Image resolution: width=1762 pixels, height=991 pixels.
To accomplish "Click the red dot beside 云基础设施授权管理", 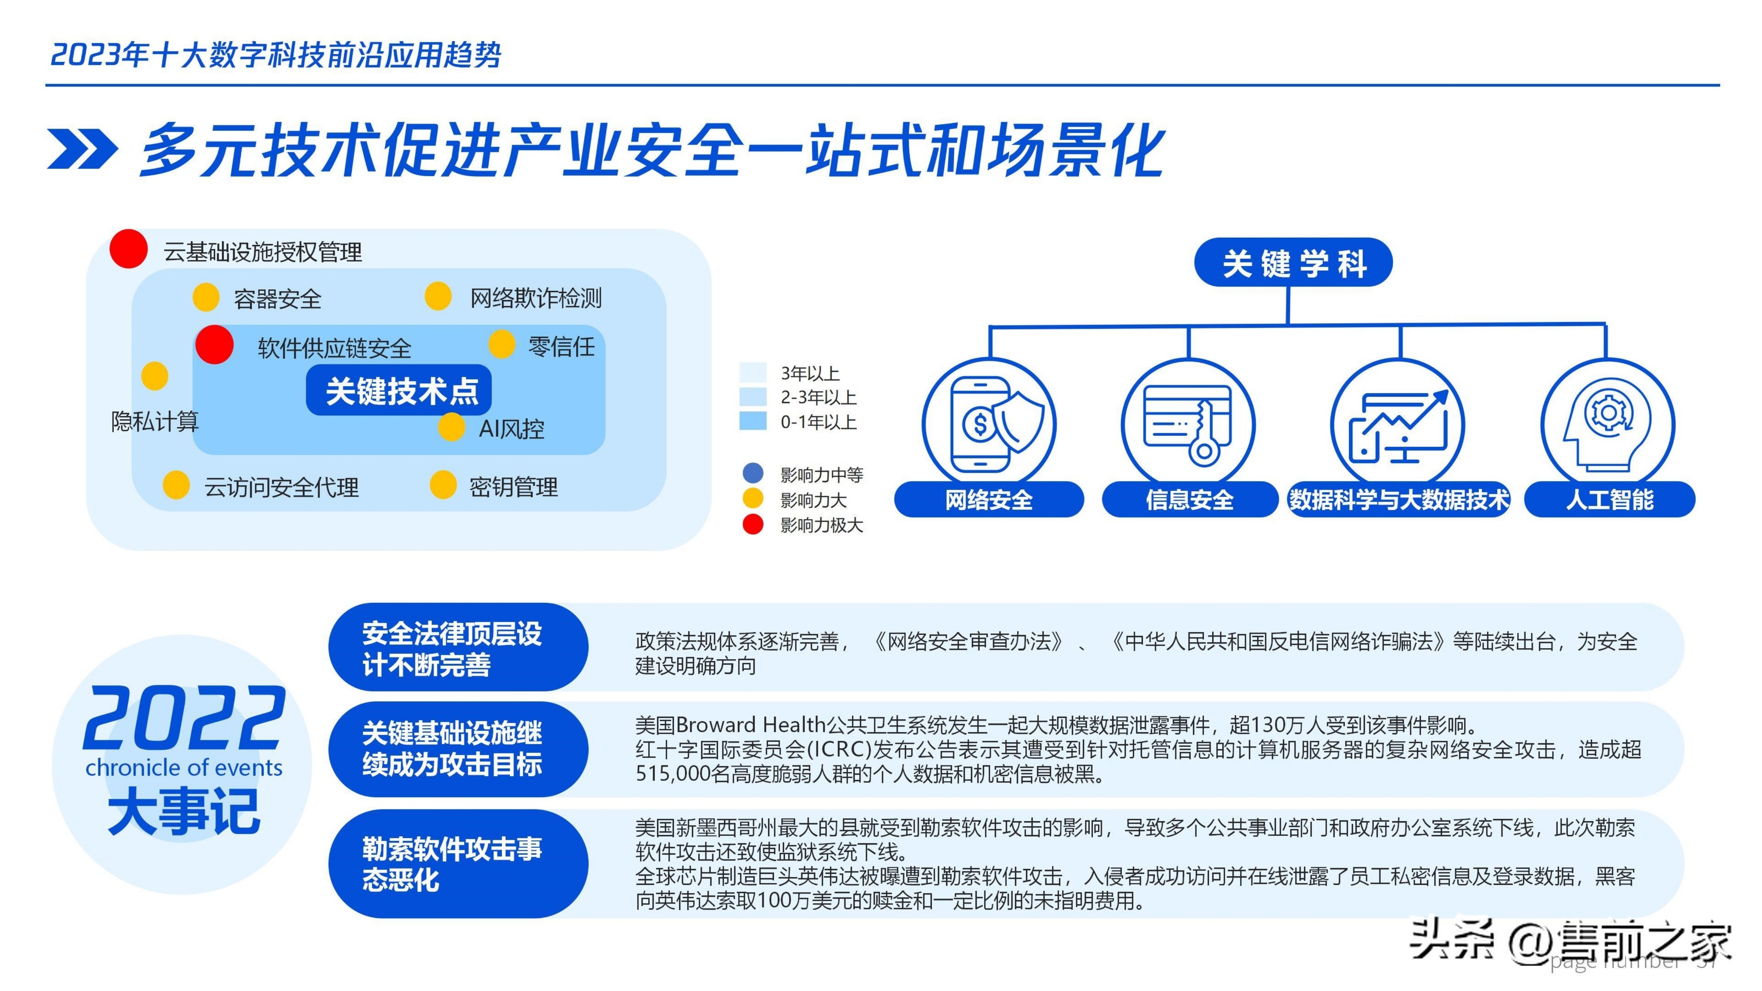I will tap(129, 249).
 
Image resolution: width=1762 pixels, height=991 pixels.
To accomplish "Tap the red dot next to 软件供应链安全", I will tap(214, 345).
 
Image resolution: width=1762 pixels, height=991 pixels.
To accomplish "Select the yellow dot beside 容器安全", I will tap(206, 297).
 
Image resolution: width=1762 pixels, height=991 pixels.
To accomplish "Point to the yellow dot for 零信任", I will tap(501, 344).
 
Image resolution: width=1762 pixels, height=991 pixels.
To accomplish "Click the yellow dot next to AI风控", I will tap(451, 427).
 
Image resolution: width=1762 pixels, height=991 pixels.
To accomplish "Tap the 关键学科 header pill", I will tap(1293, 262).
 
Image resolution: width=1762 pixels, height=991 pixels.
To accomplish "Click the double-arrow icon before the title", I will tap(82, 149).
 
